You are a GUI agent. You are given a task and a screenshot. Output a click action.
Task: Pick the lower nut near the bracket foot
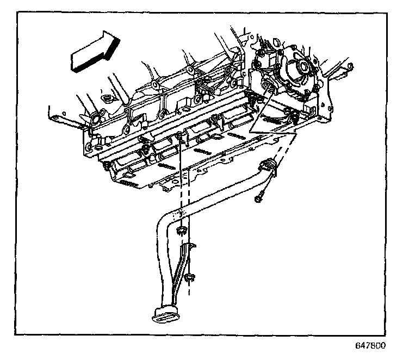point(189,280)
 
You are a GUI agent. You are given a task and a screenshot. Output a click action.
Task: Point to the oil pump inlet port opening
point(267,87)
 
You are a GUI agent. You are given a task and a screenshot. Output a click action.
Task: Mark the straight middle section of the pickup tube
point(218,195)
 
